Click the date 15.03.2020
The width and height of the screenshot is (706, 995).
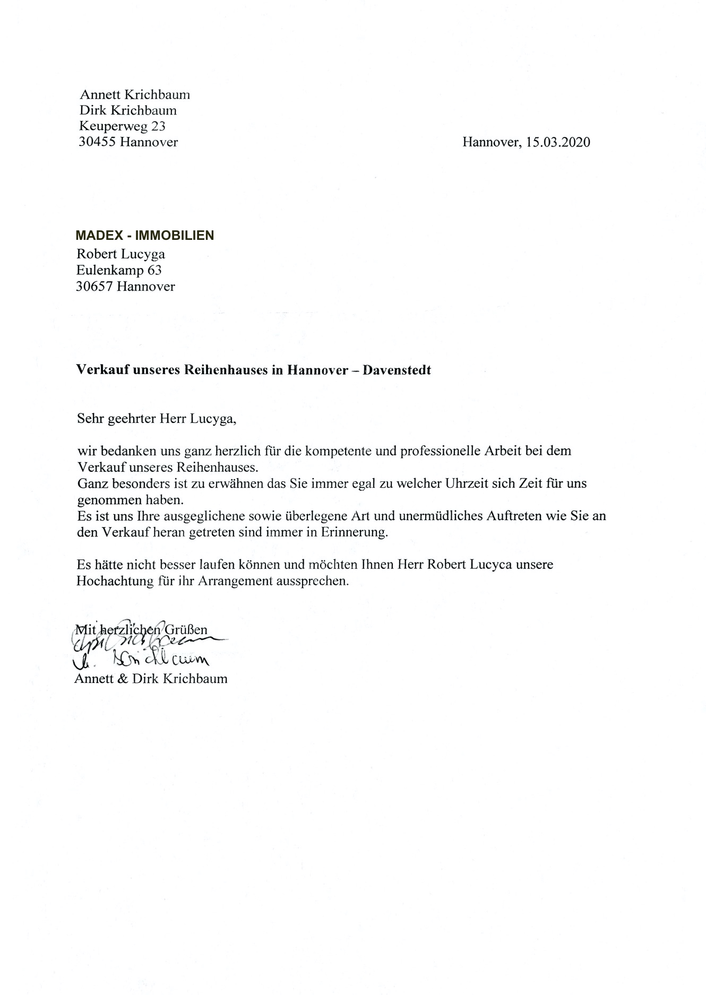pos(558,142)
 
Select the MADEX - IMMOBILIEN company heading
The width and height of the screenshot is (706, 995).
pos(144,236)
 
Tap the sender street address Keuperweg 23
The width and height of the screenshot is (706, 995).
pos(122,126)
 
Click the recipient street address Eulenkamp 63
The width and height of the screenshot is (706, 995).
pos(119,271)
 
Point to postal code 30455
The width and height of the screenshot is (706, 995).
pos(97,142)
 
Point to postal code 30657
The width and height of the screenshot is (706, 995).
pos(94,287)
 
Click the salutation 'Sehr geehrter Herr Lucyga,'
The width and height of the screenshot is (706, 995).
pos(156,419)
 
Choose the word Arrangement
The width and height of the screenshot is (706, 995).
pos(235,581)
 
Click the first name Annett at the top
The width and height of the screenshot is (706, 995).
pos(99,95)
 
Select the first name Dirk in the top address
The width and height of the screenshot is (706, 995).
pos(91,110)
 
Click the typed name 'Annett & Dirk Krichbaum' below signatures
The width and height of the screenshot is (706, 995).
pos(151,679)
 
